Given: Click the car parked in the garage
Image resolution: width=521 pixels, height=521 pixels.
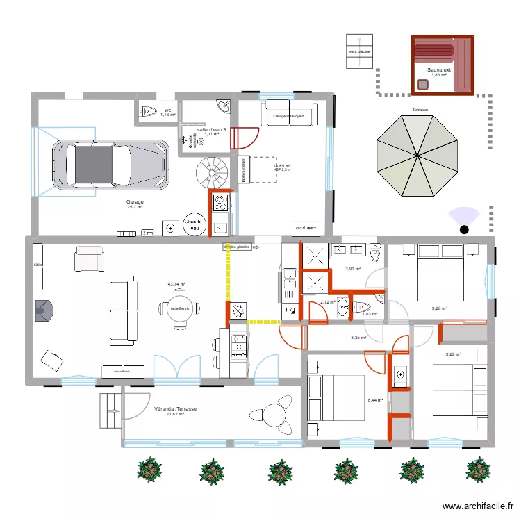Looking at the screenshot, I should pyautogui.click(x=110, y=165).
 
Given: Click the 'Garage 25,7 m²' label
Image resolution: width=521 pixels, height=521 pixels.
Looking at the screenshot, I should pyautogui.click(x=134, y=204).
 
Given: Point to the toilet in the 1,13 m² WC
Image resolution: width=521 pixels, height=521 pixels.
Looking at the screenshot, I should pyautogui.click(x=148, y=111).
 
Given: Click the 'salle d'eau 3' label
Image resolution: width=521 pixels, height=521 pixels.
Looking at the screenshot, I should pyautogui.click(x=211, y=130).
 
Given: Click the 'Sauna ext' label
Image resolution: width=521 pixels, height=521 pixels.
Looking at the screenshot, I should pyautogui.click(x=439, y=70).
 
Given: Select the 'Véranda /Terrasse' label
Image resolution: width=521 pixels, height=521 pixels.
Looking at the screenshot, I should pyautogui.click(x=176, y=410).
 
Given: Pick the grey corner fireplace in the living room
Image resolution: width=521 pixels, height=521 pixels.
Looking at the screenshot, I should pyautogui.click(x=44, y=311).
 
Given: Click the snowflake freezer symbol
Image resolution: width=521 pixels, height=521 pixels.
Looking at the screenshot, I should pyautogui.click(x=236, y=311).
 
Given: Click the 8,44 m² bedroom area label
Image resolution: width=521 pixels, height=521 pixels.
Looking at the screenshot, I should pyautogui.click(x=375, y=400).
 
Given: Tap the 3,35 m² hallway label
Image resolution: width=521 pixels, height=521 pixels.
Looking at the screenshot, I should pyautogui.click(x=358, y=338).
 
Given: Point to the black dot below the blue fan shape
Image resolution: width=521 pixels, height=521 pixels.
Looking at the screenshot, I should pyautogui.click(x=463, y=229).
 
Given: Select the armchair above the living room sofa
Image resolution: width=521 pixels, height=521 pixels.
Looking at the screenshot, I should pyautogui.click(x=90, y=260).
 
